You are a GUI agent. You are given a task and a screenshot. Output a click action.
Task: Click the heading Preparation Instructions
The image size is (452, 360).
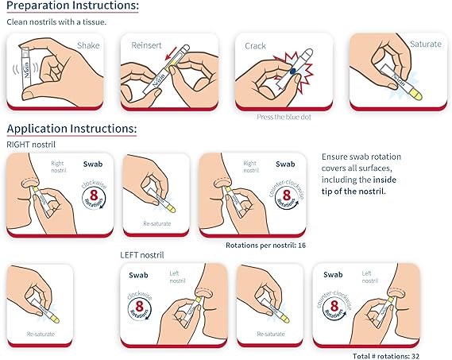(72, 7)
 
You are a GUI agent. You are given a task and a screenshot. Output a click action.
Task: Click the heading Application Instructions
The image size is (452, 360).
(71, 128)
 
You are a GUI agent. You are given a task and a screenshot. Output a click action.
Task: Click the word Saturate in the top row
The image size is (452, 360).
(424, 44)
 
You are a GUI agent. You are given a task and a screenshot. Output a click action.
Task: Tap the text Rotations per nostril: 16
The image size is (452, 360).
(266, 245)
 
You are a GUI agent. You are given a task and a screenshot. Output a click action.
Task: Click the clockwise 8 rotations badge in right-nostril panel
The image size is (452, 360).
(93, 196)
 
